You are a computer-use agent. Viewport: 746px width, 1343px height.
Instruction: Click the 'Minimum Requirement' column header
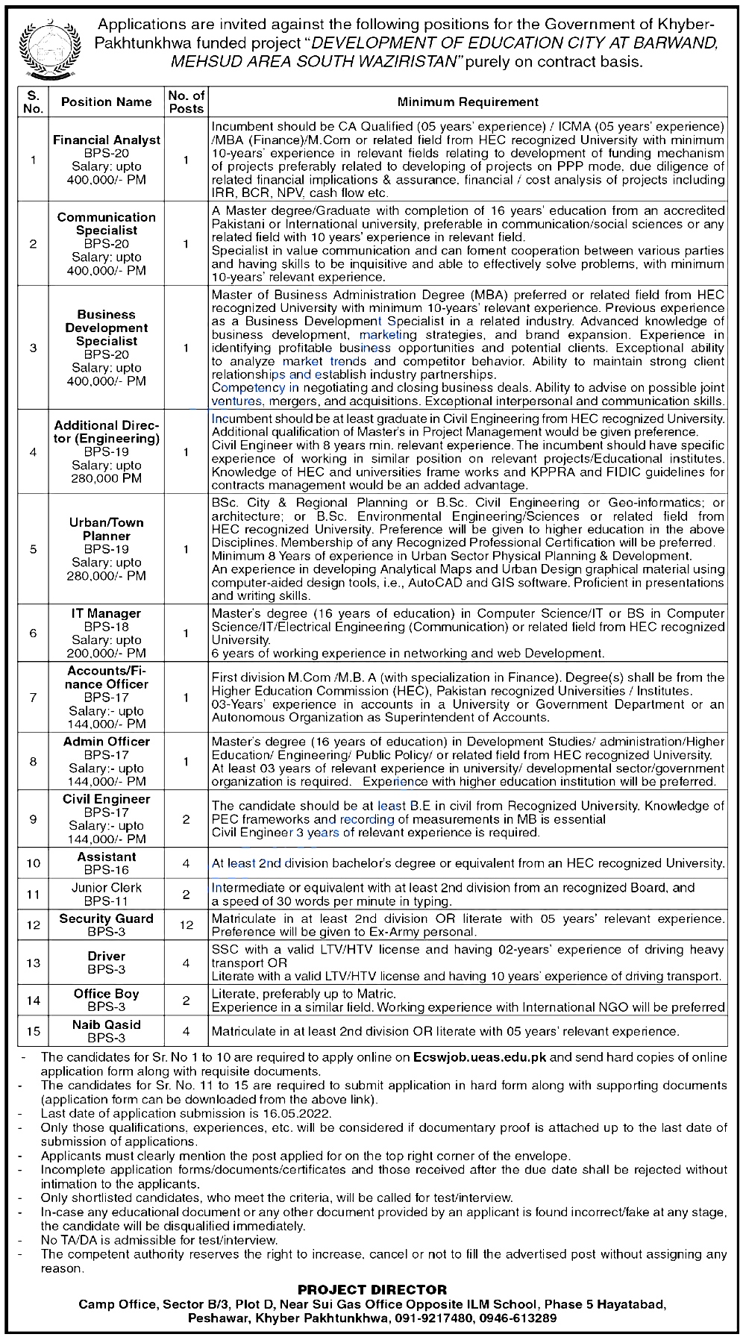coord(468,101)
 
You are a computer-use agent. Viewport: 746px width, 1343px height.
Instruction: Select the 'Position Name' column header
coord(106,101)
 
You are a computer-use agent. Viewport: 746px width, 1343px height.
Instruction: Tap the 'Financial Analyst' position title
coord(107,140)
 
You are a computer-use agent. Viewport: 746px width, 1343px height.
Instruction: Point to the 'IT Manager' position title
coord(107,613)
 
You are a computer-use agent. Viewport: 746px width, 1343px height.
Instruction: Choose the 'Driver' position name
coord(107,957)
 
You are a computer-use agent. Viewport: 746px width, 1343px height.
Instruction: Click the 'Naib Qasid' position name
coord(107,1024)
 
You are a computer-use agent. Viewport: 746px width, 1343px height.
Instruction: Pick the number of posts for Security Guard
coord(186,925)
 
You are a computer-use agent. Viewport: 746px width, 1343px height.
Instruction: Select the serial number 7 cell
coord(33,698)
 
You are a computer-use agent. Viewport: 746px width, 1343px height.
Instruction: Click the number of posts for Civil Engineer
coord(186,819)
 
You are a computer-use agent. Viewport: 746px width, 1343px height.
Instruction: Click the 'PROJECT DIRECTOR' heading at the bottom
coord(372,1289)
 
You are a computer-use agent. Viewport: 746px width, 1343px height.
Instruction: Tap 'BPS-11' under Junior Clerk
coord(107,901)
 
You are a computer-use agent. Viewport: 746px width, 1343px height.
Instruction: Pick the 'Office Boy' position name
coord(107,994)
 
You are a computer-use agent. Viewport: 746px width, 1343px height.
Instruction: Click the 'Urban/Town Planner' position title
coord(107,529)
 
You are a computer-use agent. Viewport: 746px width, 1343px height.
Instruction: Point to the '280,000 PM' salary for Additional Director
coord(107,479)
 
